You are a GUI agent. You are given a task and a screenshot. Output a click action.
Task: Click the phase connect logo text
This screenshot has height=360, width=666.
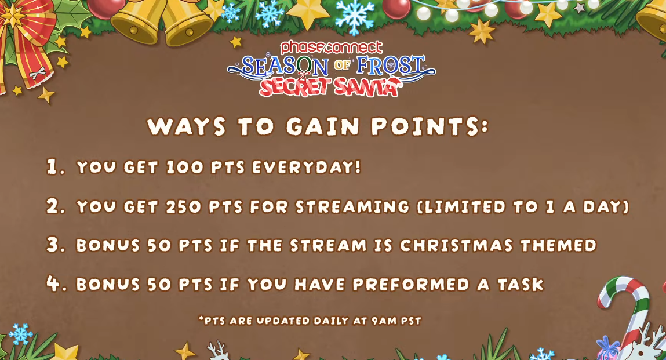pos(326,47)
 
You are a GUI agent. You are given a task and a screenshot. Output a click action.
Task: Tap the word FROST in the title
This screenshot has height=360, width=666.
pos(390,66)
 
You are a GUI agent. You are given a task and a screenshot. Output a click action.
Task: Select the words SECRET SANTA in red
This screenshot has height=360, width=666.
pos(330,87)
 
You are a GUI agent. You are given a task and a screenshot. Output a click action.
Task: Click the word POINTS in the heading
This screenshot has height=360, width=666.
pos(430,126)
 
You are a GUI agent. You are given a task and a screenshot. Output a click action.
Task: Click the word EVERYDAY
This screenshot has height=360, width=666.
pos(306,167)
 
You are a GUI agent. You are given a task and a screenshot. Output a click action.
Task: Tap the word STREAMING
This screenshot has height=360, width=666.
pos(352,206)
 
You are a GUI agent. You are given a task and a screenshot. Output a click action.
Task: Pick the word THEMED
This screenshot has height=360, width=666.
pos(559,246)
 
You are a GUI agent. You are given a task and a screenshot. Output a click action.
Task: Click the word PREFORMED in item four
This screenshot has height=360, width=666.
pos(411,284)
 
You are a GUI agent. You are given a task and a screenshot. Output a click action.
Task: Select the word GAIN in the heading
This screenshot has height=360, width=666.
pos(322,126)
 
